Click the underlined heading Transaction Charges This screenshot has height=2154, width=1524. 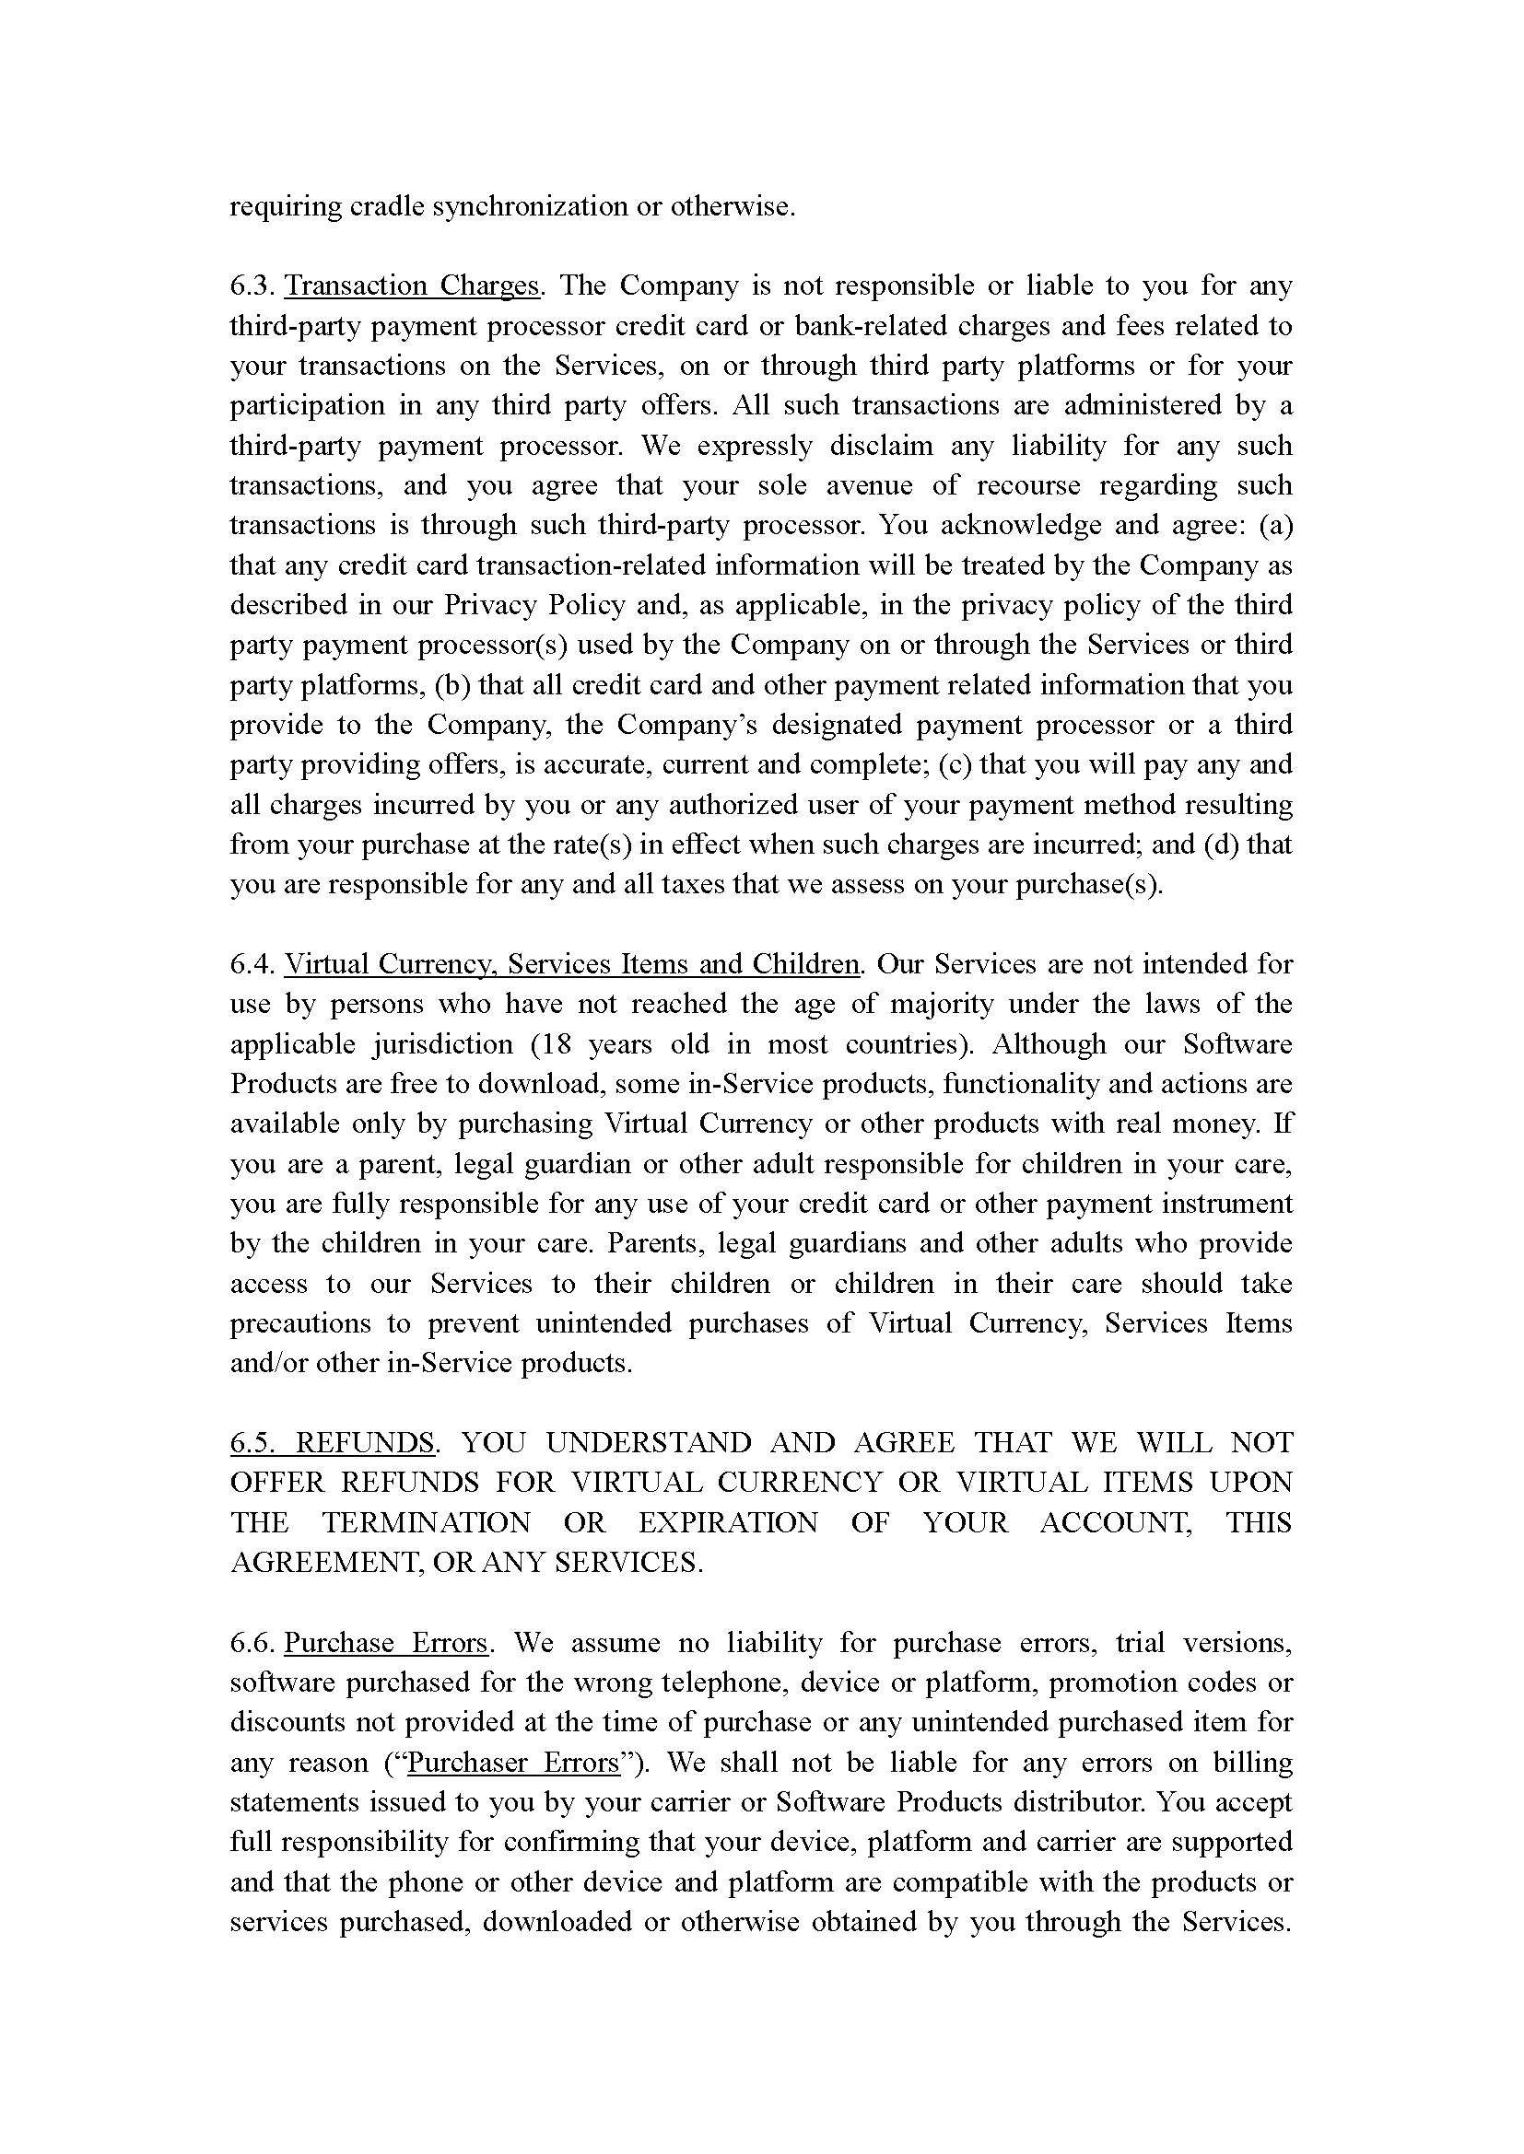[412, 285]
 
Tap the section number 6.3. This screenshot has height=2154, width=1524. [252, 285]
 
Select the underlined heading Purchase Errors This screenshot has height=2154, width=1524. [386, 1643]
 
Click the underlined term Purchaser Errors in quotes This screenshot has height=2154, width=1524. [514, 1763]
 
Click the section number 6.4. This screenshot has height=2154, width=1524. [252, 964]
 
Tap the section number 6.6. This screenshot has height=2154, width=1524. [252, 1643]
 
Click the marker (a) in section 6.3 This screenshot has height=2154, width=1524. [1275, 525]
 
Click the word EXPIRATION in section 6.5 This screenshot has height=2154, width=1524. [728, 1522]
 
